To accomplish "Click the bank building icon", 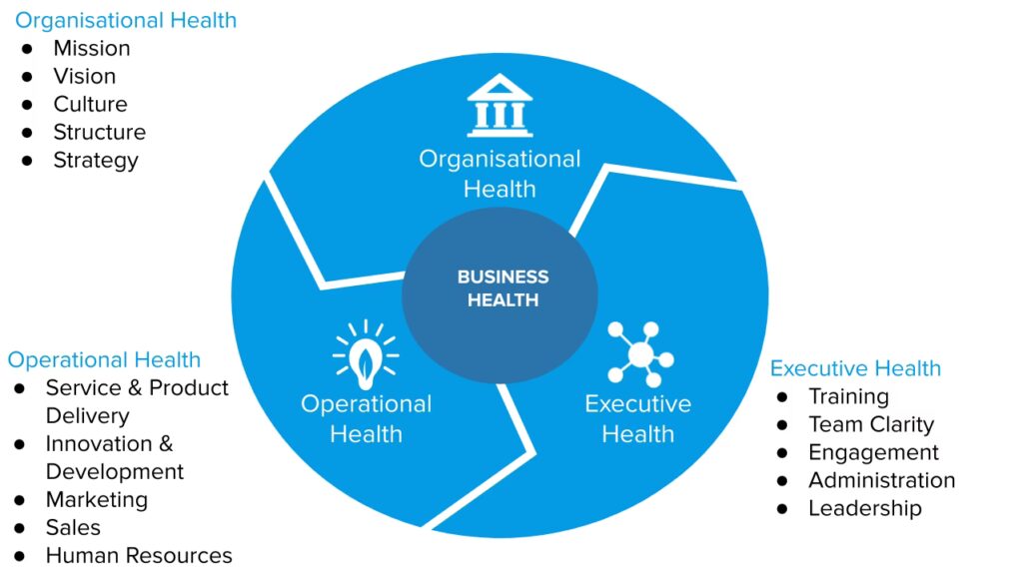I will pyautogui.click(x=500, y=105).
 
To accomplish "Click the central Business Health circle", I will pyautogui.click(x=501, y=288).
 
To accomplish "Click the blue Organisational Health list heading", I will pyautogui.click(x=126, y=20).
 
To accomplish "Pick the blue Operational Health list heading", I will pyautogui.click(x=104, y=359).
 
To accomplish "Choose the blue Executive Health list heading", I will pyautogui.click(x=855, y=368).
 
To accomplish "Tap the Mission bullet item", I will pyautogui.click(x=91, y=48).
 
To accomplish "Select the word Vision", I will pyautogui.click(x=84, y=76).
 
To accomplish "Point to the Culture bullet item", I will pyautogui.click(x=90, y=104).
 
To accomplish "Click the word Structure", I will pyautogui.click(x=99, y=132).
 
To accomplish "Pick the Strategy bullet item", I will pyautogui.click(x=95, y=160).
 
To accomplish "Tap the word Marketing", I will pyautogui.click(x=96, y=499).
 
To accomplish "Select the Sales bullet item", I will pyautogui.click(x=73, y=527).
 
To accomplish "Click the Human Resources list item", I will pyautogui.click(x=138, y=555).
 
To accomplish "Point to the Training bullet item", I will pyautogui.click(x=848, y=396).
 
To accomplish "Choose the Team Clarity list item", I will pyautogui.click(x=870, y=424).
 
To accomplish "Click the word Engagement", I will pyautogui.click(x=873, y=452).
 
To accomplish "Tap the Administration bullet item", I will pyautogui.click(x=881, y=480).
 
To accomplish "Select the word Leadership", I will pyautogui.click(x=864, y=508).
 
